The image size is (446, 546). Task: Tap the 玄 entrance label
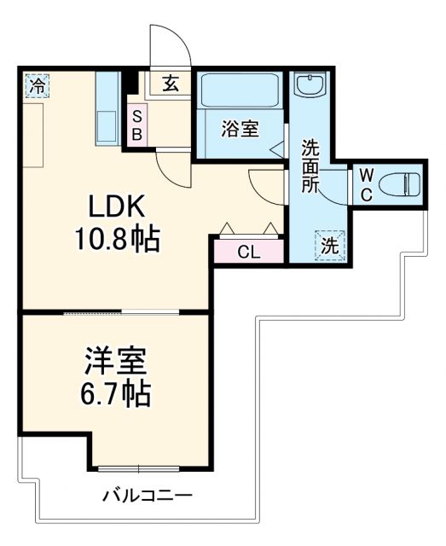tap(170, 84)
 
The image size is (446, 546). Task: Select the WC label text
tap(365, 184)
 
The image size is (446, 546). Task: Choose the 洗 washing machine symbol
tap(330, 245)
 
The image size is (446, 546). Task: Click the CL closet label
tap(248, 252)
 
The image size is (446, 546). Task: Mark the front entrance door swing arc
tap(167, 47)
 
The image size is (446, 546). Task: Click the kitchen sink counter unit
tap(107, 109)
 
